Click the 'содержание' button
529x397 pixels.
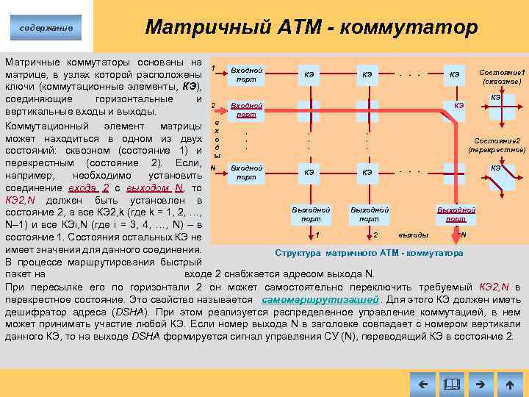(x=46, y=28)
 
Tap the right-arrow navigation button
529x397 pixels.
(x=481, y=384)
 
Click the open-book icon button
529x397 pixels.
(x=451, y=384)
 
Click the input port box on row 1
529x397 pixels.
(x=246, y=74)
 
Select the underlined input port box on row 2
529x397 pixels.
(x=246, y=110)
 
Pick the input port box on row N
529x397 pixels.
(x=246, y=173)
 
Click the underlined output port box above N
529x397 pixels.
(x=456, y=214)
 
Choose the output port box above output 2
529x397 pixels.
(x=369, y=214)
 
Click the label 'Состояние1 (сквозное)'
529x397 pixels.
(x=502, y=77)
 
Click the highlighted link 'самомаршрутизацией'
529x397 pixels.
(x=320, y=300)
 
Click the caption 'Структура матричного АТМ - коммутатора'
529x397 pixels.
(x=369, y=253)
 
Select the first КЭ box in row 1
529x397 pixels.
(x=309, y=74)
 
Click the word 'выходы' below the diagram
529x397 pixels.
(x=413, y=235)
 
